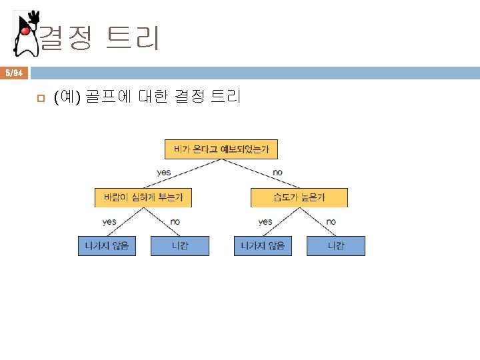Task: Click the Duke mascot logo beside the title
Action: [x=25, y=33]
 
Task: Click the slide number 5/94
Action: [x=15, y=72]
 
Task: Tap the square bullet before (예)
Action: [x=40, y=99]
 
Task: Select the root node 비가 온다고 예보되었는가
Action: [x=221, y=149]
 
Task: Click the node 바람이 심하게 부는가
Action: [x=143, y=197]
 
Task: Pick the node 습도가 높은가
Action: [x=299, y=197]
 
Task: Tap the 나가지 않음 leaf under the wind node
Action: [x=107, y=246]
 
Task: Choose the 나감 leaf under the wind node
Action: [x=180, y=246]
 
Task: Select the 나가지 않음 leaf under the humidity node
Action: [x=263, y=246]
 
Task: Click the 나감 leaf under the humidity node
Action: [x=336, y=246]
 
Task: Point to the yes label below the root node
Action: [x=164, y=173]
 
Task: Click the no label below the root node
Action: [x=277, y=173]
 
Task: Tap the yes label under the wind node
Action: [x=109, y=221]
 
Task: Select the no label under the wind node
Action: [x=175, y=221]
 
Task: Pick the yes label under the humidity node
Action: [x=265, y=221]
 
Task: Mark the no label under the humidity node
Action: [x=331, y=221]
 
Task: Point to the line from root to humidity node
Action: [x=261, y=173]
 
